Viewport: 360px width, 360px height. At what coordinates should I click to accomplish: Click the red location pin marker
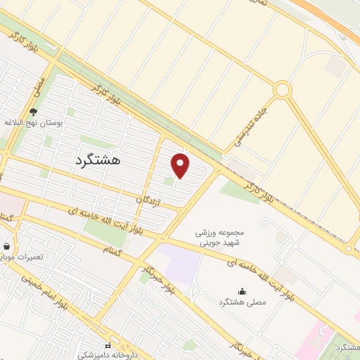(x=181, y=166)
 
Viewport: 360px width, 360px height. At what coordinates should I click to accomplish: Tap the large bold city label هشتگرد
(x=97, y=160)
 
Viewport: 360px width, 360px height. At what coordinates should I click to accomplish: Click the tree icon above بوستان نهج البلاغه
(x=33, y=111)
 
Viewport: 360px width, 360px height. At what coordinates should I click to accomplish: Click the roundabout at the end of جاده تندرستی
(x=283, y=90)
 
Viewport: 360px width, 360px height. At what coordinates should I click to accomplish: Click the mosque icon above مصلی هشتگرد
(x=243, y=291)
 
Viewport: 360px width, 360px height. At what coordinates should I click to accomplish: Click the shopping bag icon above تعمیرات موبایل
(x=7, y=246)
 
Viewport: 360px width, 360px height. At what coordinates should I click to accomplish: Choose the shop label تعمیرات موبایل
(x=24, y=257)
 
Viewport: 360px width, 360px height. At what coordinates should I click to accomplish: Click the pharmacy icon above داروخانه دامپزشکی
(x=108, y=345)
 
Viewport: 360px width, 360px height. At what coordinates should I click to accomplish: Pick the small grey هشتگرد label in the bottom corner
(x=347, y=348)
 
